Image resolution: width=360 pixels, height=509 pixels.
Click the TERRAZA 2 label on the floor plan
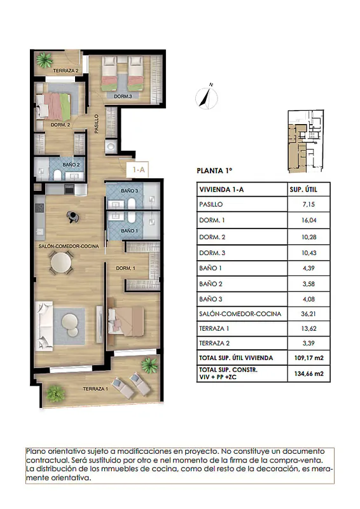tap(66, 71)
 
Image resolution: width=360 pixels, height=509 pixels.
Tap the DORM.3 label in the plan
tap(123, 97)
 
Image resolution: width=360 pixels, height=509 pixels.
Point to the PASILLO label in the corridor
tap(97, 124)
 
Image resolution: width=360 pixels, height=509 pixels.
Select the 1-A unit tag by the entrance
tap(139, 169)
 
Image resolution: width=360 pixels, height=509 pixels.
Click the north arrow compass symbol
tap(207, 97)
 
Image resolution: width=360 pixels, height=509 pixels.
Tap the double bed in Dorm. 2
tap(53, 106)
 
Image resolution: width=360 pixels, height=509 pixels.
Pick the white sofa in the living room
tap(44, 326)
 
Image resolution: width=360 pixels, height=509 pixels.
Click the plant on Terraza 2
tap(44, 60)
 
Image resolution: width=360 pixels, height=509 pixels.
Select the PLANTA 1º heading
tap(214, 171)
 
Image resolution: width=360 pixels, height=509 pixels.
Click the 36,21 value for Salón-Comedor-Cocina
tap(308, 314)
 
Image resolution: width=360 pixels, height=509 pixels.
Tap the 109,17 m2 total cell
tap(308, 358)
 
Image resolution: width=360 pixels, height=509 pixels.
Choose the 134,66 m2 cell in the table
tap(308, 373)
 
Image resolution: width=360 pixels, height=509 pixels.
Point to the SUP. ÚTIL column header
tap(303, 190)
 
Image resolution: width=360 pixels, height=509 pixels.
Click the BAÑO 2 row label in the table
tap(211, 284)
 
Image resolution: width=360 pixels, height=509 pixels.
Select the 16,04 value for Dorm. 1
tap(308, 220)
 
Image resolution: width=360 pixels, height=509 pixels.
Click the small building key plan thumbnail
tap(306, 141)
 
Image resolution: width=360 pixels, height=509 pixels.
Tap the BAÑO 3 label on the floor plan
tap(130, 190)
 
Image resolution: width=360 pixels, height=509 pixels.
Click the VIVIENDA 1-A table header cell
tap(221, 190)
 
